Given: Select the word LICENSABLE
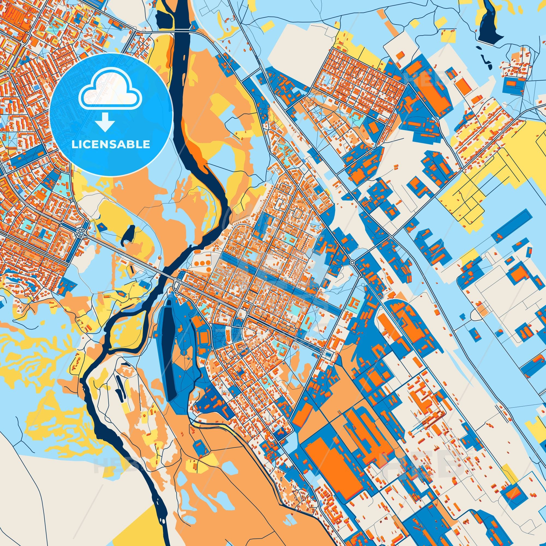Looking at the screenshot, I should pos(111,144).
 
